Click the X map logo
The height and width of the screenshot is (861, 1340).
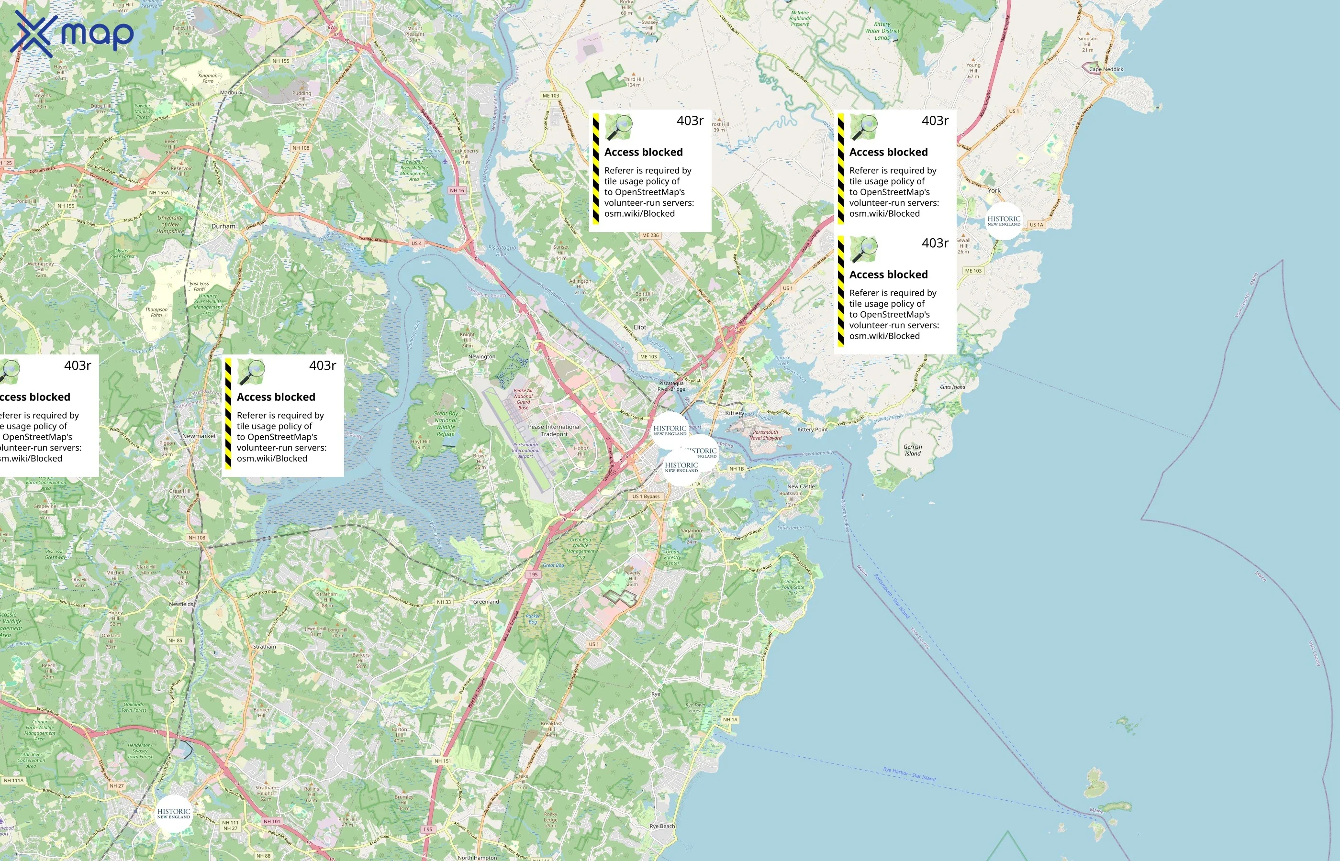[72, 34]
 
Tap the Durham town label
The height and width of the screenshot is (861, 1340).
[223, 226]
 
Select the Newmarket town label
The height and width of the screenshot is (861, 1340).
[199, 436]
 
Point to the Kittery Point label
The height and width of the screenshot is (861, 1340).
[812, 430]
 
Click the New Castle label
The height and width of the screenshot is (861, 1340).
[800, 486]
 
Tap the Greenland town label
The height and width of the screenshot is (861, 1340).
[485, 602]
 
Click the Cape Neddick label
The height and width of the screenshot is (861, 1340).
[1105, 69]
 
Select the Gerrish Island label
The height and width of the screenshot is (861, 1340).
[912, 450]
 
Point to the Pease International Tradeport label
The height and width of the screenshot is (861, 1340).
[554, 430]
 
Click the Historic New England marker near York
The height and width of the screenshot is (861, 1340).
[1003, 221]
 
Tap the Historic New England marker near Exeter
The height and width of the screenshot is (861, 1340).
[173, 814]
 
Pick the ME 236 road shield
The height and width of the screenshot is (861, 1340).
[650, 235]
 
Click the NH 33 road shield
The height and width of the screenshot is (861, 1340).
[444, 602]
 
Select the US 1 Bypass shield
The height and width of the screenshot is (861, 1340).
[646, 497]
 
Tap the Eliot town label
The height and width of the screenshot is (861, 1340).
[639, 327]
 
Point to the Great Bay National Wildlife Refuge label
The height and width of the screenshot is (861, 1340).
[445, 424]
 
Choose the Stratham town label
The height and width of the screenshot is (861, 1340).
[264, 646]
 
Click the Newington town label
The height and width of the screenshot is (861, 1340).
[481, 356]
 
